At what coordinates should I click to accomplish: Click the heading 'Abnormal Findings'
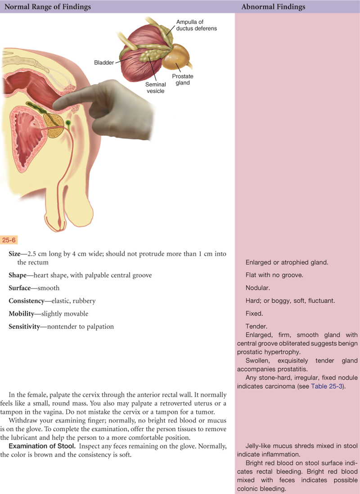273,7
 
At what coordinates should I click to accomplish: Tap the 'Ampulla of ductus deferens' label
196,25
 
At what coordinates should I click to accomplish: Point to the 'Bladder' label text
104,63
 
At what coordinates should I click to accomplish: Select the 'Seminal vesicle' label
156,88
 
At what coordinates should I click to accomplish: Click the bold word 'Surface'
20,287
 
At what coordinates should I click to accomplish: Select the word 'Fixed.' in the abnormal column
254,313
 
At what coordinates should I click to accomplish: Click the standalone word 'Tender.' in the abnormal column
256,326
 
